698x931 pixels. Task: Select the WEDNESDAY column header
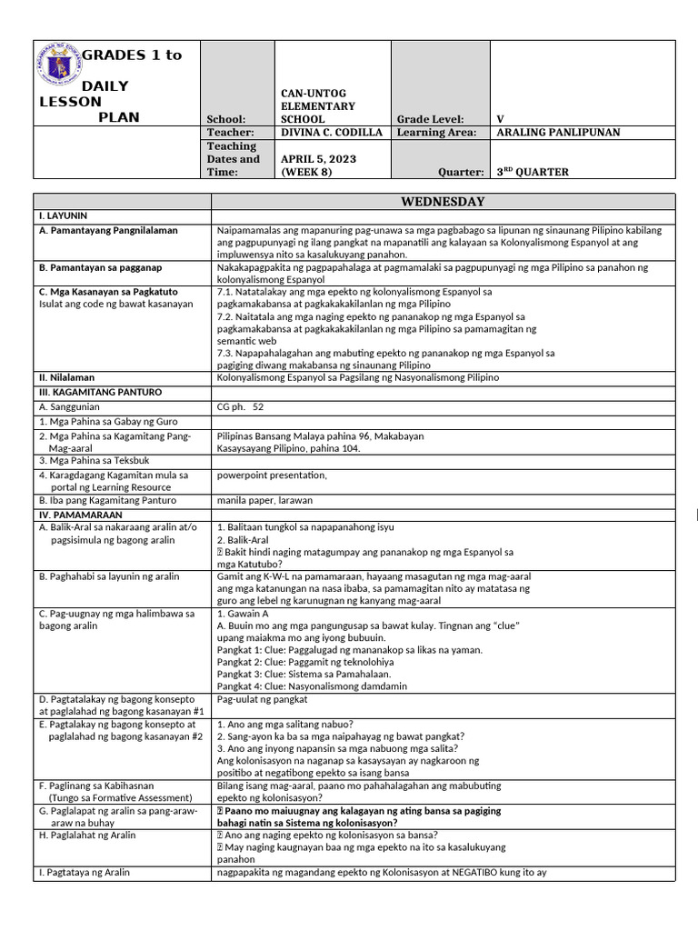pyautogui.click(x=443, y=202)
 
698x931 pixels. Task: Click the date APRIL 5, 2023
pyautogui.click(x=318, y=158)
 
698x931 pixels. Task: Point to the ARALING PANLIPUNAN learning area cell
pyautogui.click(x=559, y=133)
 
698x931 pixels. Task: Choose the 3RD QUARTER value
pyautogui.click(x=533, y=172)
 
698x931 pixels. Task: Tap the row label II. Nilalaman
pyautogui.click(x=66, y=377)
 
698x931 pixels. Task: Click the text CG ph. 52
pyautogui.click(x=240, y=407)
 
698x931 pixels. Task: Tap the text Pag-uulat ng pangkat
pyautogui.click(x=263, y=699)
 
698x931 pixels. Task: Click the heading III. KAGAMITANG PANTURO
pyautogui.click(x=100, y=392)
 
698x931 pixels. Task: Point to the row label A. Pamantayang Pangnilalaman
pyautogui.click(x=108, y=231)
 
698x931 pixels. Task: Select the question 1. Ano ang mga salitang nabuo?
pyautogui.click(x=284, y=724)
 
